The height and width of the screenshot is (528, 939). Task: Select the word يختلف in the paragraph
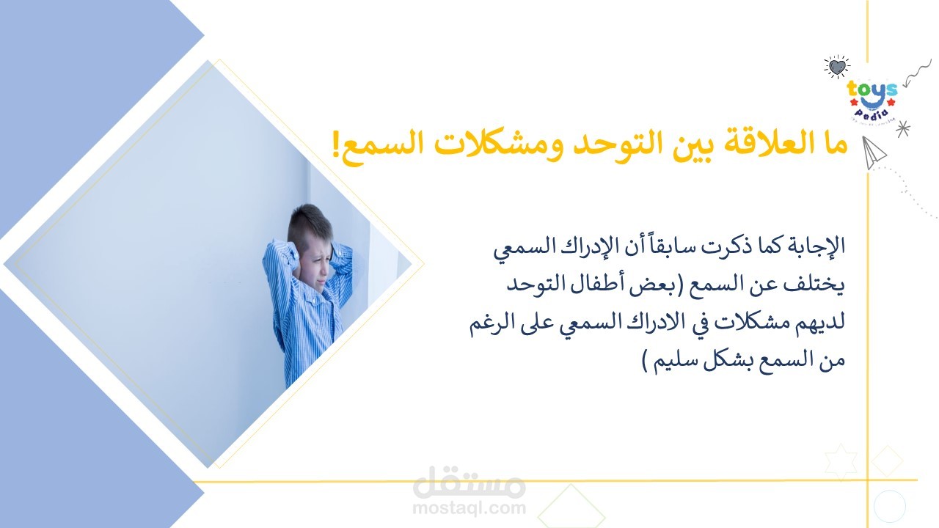coord(814,285)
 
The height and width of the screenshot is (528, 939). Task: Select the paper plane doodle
coord(873,152)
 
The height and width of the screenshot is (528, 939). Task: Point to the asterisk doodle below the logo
coord(902,128)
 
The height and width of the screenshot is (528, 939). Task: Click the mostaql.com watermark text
coord(469,507)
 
